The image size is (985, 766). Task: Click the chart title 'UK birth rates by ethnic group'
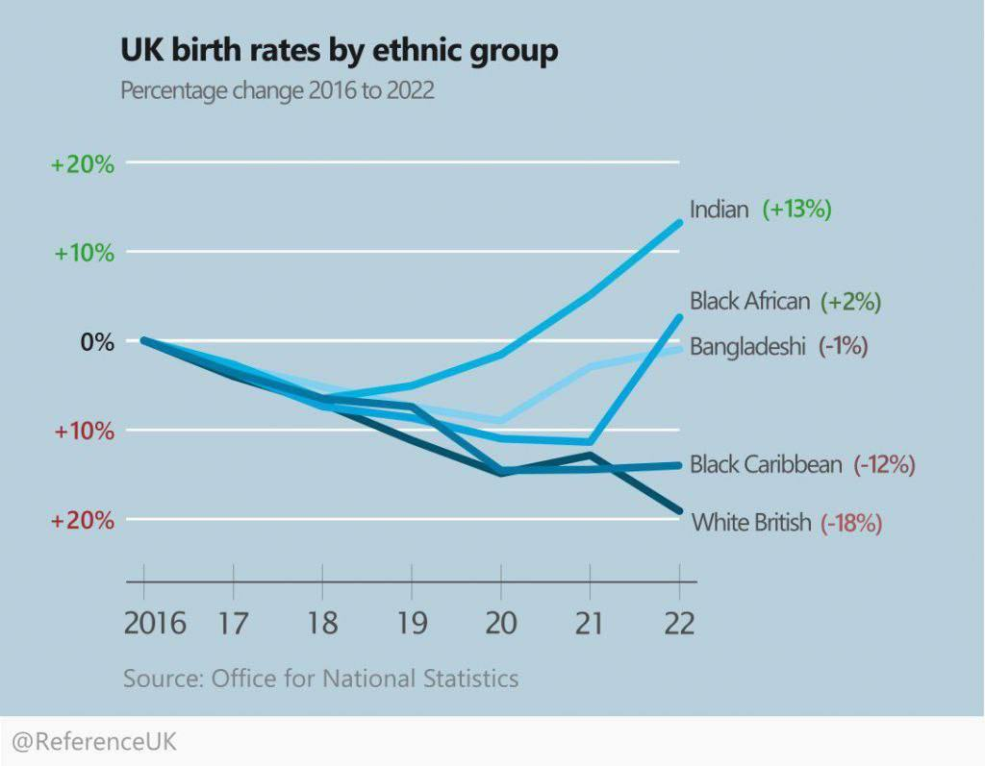pyautogui.click(x=339, y=50)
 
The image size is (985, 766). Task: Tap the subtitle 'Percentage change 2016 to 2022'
pyautogui.click(x=277, y=91)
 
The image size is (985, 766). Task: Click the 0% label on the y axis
pyautogui.click(x=95, y=342)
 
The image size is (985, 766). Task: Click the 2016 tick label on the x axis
pyautogui.click(x=155, y=623)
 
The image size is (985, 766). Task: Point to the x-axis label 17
pyautogui.click(x=233, y=623)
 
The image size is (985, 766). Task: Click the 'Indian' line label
pyautogui.click(x=719, y=210)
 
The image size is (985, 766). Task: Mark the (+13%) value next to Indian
pyautogui.click(x=796, y=210)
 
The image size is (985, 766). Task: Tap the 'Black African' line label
pyautogui.click(x=750, y=302)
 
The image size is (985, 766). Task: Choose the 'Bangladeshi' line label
pyautogui.click(x=747, y=347)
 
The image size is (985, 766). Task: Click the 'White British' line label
pyautogui.click(x=751, y=524)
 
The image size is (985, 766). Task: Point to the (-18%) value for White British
pyautogui.click(x=851, y=524)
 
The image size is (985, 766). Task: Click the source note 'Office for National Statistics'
pyautogui.click(x=365, y=679)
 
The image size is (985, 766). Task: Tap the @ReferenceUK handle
pyautogui.click(x=94, y=743)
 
